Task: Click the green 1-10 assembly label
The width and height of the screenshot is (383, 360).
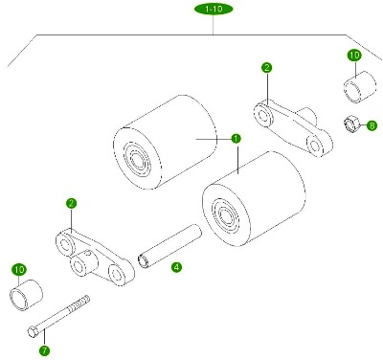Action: (214, 9)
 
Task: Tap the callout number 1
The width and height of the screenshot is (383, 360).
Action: (236, 139)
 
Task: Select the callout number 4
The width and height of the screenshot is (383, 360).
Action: (176, 267)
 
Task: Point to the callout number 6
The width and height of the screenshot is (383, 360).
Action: (372, 125)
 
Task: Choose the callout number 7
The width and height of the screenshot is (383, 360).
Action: (44, 351)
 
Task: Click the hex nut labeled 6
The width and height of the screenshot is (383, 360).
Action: (351, 124)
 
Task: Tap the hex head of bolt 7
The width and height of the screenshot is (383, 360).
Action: (33, 331)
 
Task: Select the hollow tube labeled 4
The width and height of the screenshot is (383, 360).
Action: (169, 246)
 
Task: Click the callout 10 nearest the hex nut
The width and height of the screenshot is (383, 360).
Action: (354, 56)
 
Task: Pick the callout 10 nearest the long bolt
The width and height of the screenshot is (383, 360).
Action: (19, 270)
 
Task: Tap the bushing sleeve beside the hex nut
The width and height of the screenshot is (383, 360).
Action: (359, 87)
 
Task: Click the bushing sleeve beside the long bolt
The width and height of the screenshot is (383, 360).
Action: (26, 295)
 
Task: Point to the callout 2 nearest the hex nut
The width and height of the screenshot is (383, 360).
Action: (267, 68)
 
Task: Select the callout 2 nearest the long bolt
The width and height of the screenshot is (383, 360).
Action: (71, 203)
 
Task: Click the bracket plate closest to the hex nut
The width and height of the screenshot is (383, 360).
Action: (293, 128)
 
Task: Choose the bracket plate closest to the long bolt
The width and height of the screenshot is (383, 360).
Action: (95, 257)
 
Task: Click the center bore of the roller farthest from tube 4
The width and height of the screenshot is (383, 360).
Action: (139, 159)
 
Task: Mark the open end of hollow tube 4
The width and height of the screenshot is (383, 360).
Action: (144, 260)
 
